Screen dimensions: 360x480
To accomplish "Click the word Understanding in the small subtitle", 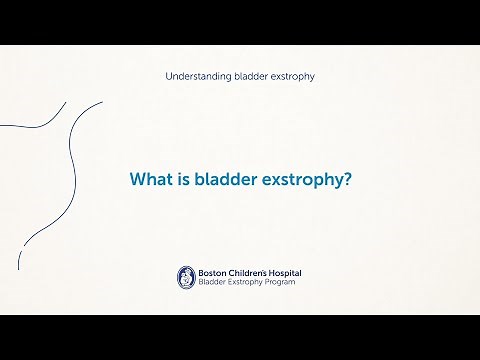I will (x=193, y=77).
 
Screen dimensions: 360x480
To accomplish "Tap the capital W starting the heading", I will (x=136, y=180).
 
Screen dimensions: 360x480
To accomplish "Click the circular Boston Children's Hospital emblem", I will (x=185, y=277).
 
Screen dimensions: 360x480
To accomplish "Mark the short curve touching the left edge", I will (x=35, y=121).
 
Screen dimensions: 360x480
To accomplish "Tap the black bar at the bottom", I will (x=240, y=337).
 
